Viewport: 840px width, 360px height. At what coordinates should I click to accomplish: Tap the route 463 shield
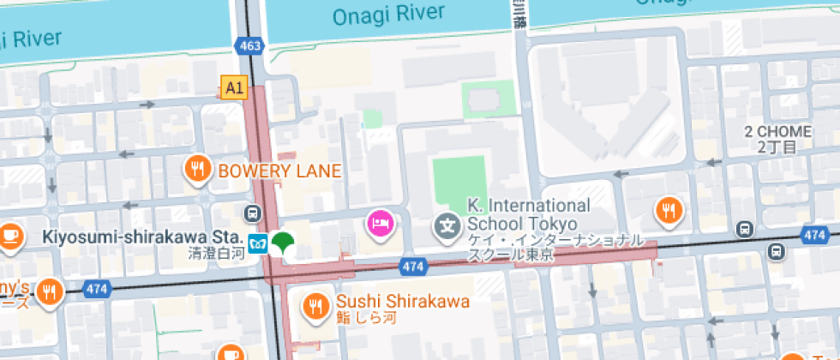click(250, 45)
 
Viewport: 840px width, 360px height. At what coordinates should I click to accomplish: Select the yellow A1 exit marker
click(233, 87)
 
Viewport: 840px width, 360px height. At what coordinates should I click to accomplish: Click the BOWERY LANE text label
click(280, 171)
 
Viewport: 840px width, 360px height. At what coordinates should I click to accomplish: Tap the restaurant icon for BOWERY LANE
click(199, 170)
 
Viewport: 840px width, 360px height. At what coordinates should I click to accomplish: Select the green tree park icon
click(282, 243)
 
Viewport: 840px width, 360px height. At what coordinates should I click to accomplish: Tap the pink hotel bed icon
click(380, 225)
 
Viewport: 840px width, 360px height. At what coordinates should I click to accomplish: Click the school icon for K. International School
click(447, 227)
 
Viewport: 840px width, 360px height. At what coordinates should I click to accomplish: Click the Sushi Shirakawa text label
click(402, 302)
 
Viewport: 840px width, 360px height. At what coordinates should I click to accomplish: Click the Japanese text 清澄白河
click(216, 254)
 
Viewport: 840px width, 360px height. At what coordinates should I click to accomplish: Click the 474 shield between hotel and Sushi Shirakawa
click(413, 267)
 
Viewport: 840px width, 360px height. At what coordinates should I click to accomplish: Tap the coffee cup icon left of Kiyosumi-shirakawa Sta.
click(9, 234)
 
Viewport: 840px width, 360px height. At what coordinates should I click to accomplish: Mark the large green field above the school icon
click(459, 185)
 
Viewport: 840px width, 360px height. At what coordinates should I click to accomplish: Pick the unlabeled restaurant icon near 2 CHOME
click(669, 209)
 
